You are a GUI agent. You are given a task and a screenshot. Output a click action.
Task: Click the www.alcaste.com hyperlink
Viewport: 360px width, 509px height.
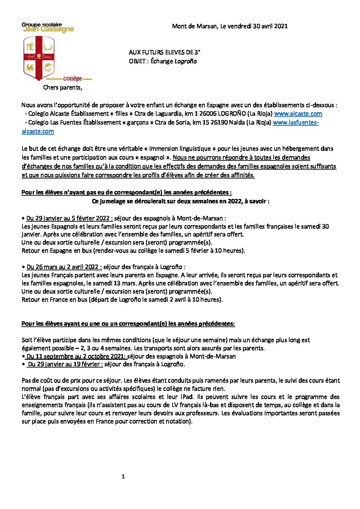298,114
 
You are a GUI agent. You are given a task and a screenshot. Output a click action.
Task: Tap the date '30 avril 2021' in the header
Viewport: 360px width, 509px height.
270,26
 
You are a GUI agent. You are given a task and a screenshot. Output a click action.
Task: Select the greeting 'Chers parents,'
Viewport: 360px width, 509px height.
63,87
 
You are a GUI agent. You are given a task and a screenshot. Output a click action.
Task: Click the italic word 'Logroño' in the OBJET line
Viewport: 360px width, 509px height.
185,61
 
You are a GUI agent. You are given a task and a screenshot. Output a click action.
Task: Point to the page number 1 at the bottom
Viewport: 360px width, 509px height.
123,477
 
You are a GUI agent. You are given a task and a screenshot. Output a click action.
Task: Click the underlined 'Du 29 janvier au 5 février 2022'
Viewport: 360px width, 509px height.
69,218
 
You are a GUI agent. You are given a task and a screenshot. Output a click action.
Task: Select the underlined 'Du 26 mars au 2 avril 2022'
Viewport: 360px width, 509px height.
64,267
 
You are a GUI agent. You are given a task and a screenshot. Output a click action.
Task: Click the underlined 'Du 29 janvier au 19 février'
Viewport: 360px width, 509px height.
65,364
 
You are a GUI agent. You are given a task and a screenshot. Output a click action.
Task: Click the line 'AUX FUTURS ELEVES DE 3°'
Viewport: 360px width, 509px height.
164,52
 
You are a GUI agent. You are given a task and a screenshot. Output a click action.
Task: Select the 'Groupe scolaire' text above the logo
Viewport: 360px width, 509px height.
42,24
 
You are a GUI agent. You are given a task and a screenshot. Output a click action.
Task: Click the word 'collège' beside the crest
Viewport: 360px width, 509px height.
72,79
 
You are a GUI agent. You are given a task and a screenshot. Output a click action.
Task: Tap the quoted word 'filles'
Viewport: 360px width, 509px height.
119,114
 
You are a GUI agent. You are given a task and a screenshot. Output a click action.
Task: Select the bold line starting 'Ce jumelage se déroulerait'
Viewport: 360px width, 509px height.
180,201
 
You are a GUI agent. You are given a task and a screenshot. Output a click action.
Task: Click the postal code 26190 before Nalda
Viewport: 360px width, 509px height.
219,122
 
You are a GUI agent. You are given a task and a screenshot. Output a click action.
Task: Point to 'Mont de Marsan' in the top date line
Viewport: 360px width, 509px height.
194,26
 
